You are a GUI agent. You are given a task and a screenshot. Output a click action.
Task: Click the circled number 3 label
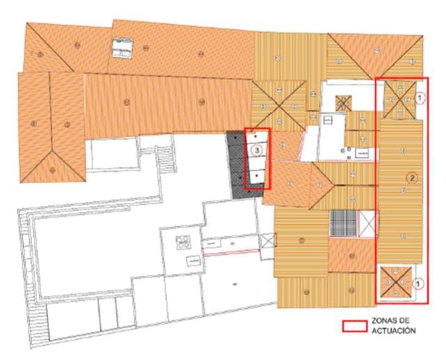coord(257,149)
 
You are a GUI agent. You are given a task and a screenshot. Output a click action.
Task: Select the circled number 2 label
coord(412,178)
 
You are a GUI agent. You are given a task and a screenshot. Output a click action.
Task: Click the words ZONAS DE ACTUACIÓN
coord(394,326)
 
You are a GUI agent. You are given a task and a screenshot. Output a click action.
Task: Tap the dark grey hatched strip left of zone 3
coord(238,162)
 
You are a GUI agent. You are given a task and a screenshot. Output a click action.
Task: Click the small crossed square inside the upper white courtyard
coord(343,102)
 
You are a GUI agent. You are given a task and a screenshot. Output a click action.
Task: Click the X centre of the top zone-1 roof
coord(398,96)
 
